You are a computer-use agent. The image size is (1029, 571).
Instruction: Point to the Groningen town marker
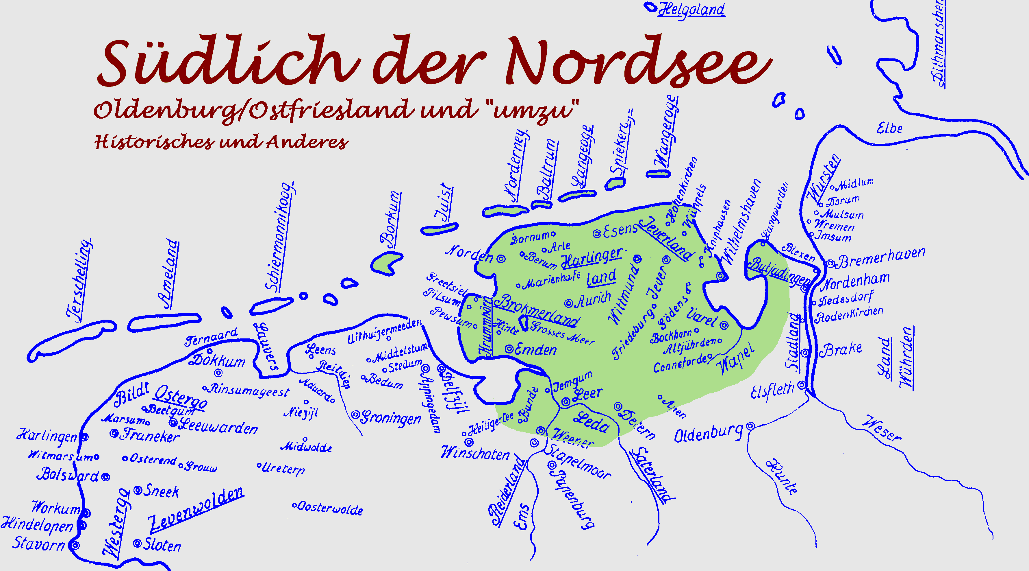[x=355, y=415]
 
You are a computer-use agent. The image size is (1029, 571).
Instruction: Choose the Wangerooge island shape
[x=658, y=174]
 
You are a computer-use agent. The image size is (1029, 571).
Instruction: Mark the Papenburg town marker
[x=552, y=465]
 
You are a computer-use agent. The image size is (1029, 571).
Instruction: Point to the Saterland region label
[x=652, y=476]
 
